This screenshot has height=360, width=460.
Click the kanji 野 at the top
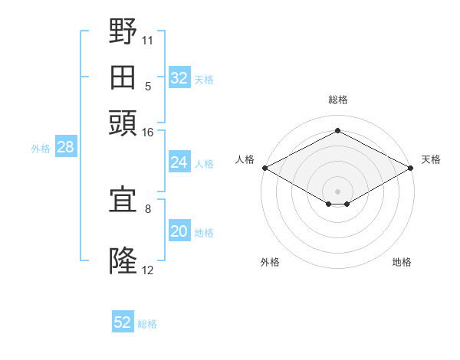tap(123, 31)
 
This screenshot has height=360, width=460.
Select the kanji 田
tap(123, 77)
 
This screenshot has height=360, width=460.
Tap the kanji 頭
tap(123, 123)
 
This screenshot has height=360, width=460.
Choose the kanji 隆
tap(123, 260)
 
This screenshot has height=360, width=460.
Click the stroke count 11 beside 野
tap(147, 41)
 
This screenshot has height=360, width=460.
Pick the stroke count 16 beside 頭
tap(147, 133)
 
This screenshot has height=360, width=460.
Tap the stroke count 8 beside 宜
tap(148, 209)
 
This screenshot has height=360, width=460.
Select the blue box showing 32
tap(179, 77)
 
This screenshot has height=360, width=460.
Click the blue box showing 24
tap(179, 162)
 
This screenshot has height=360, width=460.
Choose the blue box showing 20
tap(179, 230)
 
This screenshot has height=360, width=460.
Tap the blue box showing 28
tap(66, 146)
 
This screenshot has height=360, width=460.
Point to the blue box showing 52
tap(123, 321)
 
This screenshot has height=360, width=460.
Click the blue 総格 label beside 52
tap(147, 324)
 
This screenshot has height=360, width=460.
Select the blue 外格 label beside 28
tap(41, 149)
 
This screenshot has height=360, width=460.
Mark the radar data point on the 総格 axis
tap(337, 130)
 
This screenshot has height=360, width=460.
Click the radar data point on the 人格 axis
tap(265, 168)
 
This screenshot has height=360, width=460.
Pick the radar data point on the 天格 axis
tap(410, 168)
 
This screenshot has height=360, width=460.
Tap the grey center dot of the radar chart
tap(337, 191)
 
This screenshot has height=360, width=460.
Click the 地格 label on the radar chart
tap(402, 262)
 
